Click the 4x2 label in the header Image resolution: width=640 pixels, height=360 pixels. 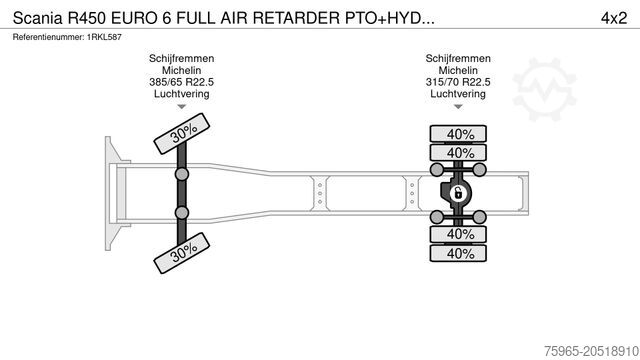click(x=613, y=18)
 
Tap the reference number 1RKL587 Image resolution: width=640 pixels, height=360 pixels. click(x=104, y=37)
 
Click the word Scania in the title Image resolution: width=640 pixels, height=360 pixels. click(x=38, y=18)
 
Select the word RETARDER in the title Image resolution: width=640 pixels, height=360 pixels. click(x=296, y=18)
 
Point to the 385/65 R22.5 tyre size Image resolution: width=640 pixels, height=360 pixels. click(x=182, y=82)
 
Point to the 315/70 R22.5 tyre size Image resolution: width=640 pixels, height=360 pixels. click(x=458, y=82)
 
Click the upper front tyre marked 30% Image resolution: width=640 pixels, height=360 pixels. click(x=182, y=133)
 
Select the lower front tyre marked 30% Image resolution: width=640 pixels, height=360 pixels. click(x=182, y=253)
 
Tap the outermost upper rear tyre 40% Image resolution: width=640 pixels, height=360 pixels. click(x=458, y=134)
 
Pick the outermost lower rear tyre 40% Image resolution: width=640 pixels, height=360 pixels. click(x=458, y=253)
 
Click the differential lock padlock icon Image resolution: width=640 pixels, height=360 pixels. click(x=458, y=193)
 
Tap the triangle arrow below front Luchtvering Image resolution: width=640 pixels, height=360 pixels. click(x=182, y=107)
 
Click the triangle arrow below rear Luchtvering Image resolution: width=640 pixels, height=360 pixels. click(x=458, y=107)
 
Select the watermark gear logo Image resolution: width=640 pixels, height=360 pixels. click(x=544, y=89)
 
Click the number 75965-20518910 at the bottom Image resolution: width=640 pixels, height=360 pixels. click(x=591, y=351)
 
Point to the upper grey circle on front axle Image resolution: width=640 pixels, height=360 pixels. click(x=182, y=174)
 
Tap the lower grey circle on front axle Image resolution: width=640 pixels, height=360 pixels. click(x=182, y=213)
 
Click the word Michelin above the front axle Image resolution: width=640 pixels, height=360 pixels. click(x=182, y=70)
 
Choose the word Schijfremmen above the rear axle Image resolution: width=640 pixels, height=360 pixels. click(x=458, y=58)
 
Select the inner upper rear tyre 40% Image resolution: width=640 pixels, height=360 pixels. click(x=458, y=153)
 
